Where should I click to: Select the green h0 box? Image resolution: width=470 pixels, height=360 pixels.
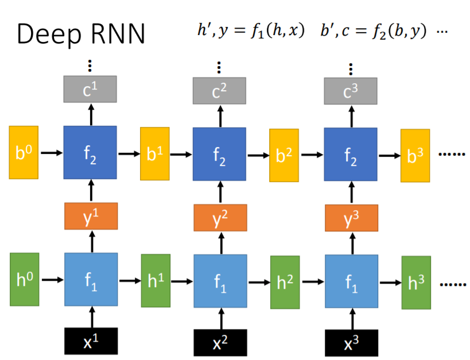tap(24, 280)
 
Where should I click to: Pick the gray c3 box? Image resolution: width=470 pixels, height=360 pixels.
tap(351, 91)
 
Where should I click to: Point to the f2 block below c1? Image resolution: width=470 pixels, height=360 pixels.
tap(91, 152)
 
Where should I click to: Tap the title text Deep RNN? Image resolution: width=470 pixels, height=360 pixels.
tap(81, 35)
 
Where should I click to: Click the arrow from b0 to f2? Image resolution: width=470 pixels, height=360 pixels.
tap(51, 153)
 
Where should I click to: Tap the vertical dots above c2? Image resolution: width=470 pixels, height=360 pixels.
tap(219, 67)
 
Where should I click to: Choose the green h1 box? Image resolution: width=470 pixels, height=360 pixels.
tap(156, 281)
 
